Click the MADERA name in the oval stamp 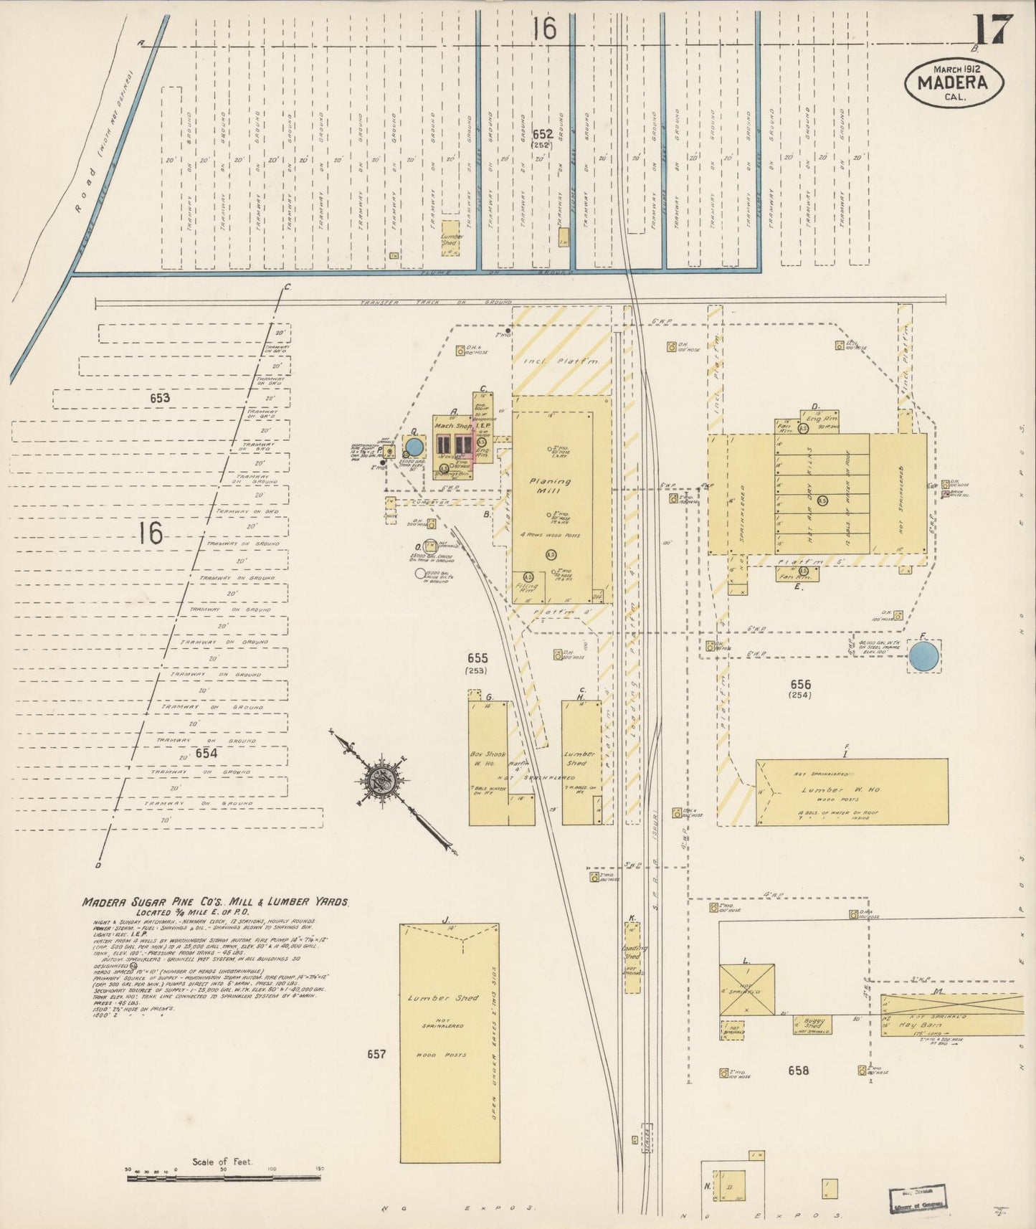tap(954, 82)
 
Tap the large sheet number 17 tap(993, 30)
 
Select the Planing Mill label tap(551, 487)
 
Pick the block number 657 tap(376, 1054)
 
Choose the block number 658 tap(798, 1071)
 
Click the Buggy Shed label tap(813, 1023)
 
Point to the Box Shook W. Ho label tap(488, 759)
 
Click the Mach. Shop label tap(454, 425)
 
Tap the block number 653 tap(160, 398)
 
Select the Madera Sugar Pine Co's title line tap(214, 903)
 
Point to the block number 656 tap(800, 685)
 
